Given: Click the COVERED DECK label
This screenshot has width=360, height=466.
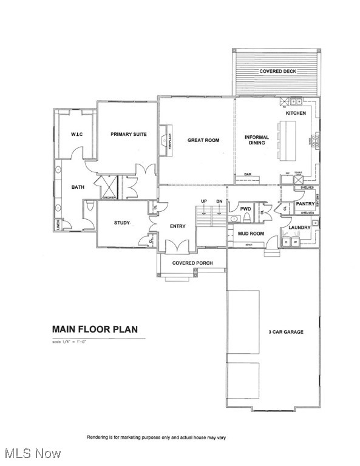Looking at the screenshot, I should tap(277, 72).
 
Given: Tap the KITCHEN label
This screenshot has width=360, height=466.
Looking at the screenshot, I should tap(296, 113).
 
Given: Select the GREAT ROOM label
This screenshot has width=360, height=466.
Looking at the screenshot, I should tap(203, 140).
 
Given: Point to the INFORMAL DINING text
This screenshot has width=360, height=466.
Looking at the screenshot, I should tap(257, 140).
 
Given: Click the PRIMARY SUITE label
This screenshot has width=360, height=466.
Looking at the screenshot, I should tap(128, 134).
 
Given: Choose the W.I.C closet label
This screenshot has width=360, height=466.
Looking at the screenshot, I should tap(76, 134).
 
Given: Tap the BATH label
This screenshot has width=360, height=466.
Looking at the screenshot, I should tap(78, 187).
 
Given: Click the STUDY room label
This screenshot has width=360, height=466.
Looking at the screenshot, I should tap(122, 223).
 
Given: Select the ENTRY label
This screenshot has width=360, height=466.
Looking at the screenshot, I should tap(177, 226).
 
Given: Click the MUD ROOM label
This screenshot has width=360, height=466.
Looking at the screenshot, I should tap(250, 233).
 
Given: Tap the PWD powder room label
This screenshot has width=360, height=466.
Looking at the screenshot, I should tap(245, 209).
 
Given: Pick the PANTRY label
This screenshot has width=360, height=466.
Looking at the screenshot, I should tap(304, 204).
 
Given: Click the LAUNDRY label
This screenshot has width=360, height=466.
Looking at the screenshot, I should tap(299, 228).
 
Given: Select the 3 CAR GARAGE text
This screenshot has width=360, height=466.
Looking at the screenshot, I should tap(285, 332).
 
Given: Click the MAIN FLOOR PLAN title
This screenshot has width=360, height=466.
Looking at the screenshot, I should tap(94, 329).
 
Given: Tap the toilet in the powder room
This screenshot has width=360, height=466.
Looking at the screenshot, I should tap(235, 218).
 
